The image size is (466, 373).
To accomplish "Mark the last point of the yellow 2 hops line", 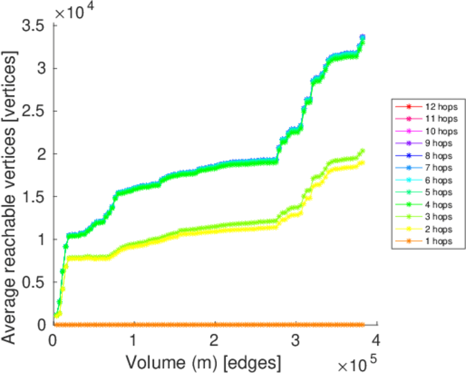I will tap(362, 163).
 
